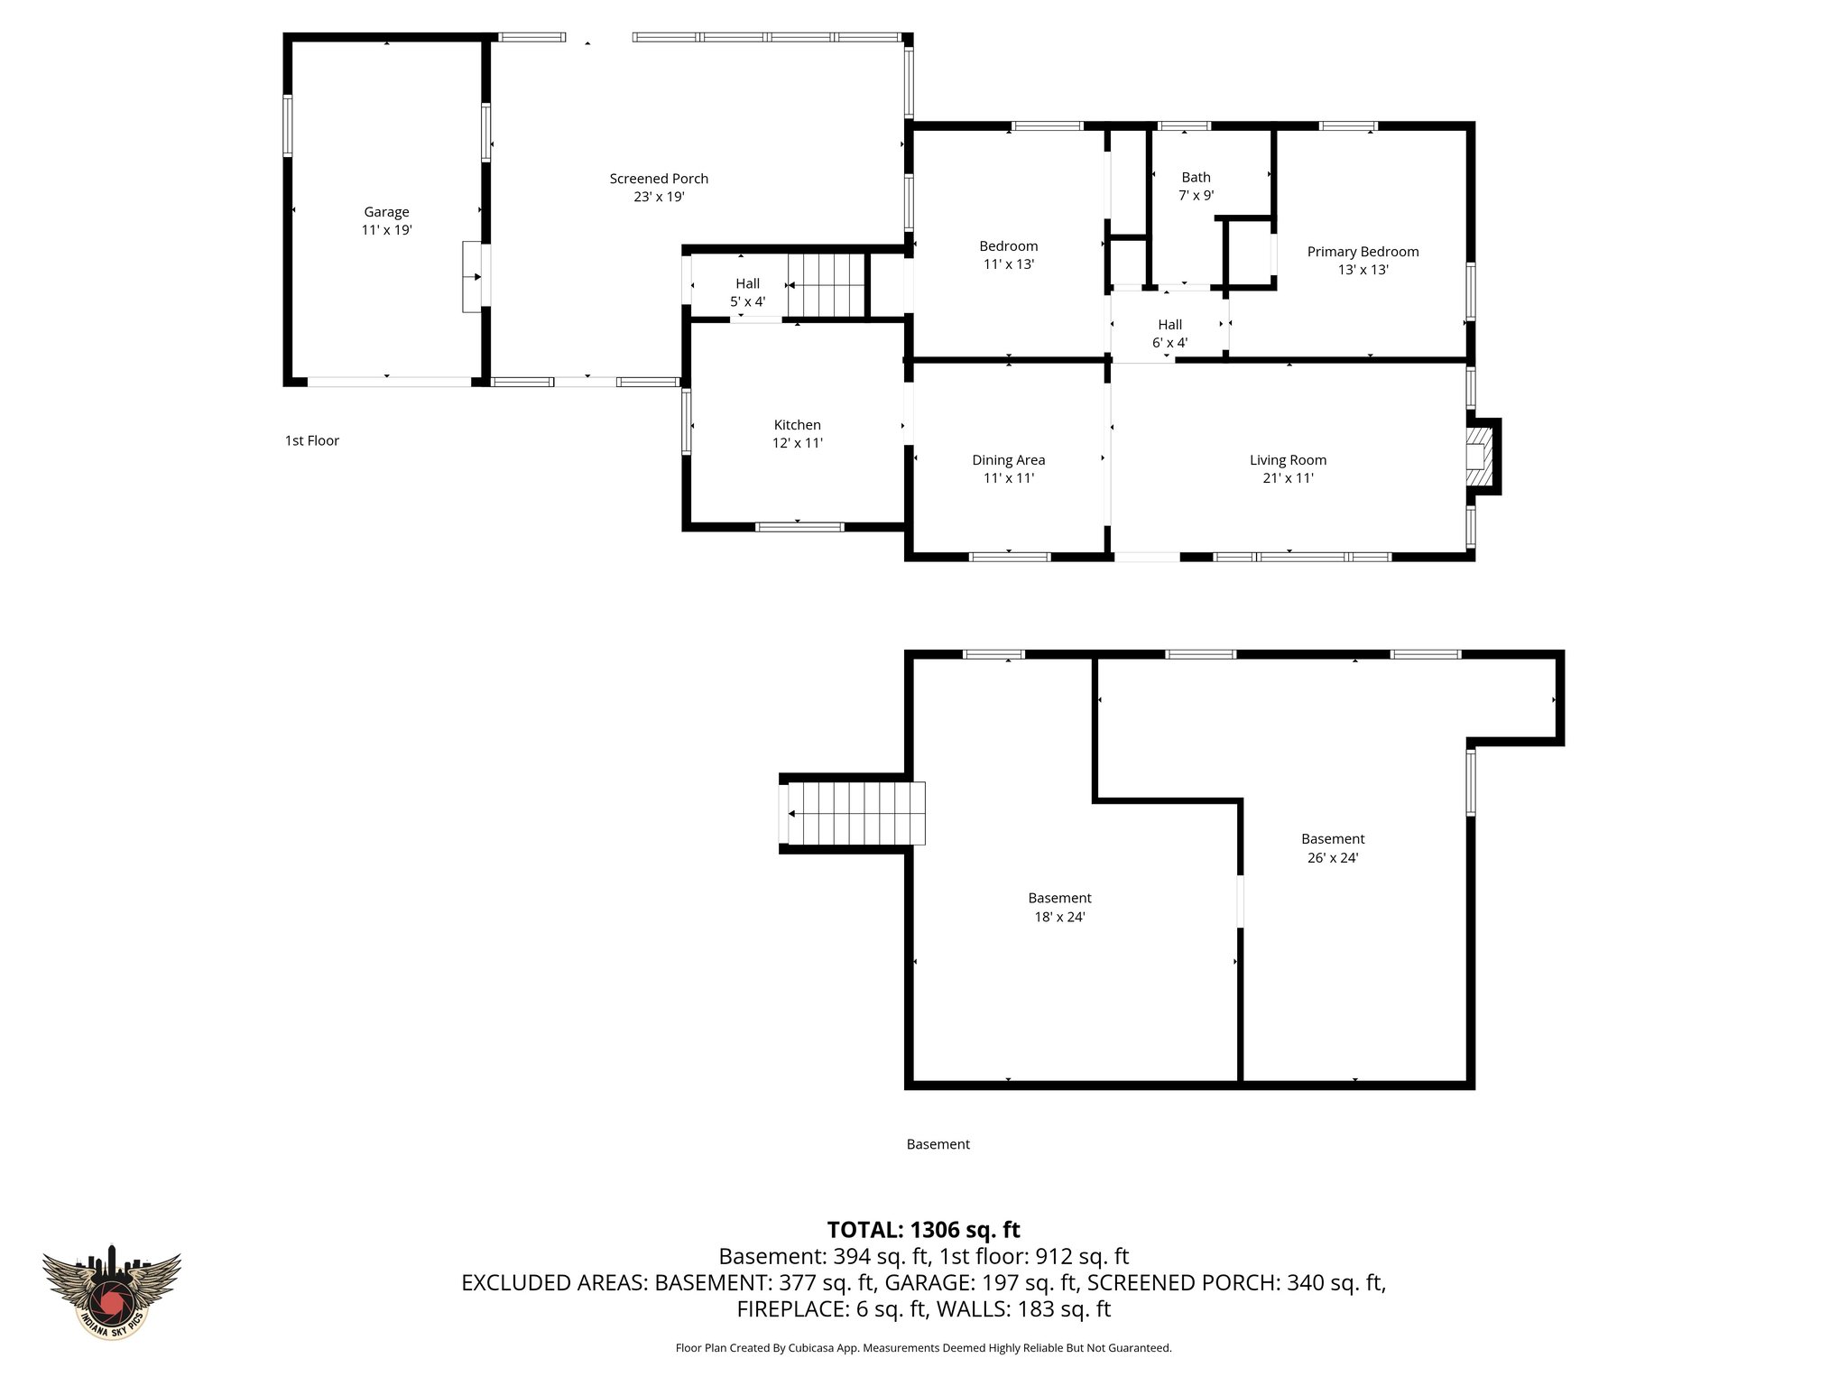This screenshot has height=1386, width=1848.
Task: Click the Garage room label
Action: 386,212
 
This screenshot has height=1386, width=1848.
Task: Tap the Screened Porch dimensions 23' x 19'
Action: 659,197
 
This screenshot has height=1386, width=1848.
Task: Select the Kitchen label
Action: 797,425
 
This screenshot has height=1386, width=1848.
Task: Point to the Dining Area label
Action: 1008,460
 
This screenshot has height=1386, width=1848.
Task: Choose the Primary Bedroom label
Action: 1363,252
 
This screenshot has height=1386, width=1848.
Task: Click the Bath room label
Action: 1196,178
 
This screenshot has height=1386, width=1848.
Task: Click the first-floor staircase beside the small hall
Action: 827,285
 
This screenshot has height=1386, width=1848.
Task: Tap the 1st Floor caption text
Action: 311,440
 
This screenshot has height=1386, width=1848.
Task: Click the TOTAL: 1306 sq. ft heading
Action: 923,1230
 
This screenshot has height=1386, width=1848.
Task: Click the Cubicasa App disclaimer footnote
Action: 923,1348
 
